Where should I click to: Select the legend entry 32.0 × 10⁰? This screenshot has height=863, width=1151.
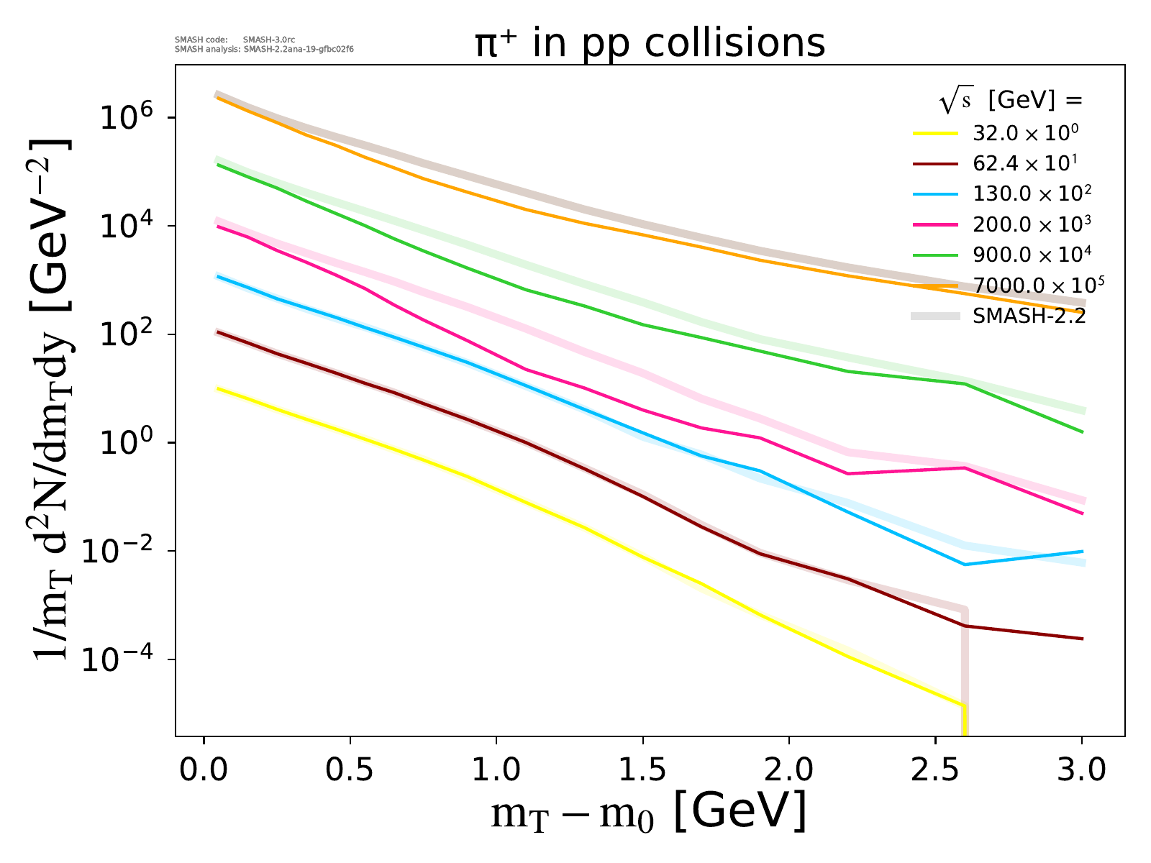(x=1026, y=133)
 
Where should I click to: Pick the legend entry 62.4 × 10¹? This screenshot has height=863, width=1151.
(x=1024, y=163)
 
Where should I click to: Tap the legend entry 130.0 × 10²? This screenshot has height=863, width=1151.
(x=1032, y=193)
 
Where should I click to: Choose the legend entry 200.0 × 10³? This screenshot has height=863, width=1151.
(x=1032, y=224)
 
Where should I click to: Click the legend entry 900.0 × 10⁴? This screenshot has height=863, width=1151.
(x=1032, y=254)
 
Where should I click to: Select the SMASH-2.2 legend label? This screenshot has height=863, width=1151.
(x=1029, y=316)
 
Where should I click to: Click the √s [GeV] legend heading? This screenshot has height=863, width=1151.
(x=1011, y=101)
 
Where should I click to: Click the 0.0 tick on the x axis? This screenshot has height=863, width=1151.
(x=204, y=771)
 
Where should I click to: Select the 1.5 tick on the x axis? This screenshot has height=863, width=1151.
(x=642, y=771)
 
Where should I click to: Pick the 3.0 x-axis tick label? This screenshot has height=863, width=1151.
(x=1081, y=771)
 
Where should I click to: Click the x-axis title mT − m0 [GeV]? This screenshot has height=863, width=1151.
(x=648, y=813)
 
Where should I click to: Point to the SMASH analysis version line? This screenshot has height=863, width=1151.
(x=264, y=50)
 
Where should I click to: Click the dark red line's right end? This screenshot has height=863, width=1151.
(x=1082, y=639)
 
